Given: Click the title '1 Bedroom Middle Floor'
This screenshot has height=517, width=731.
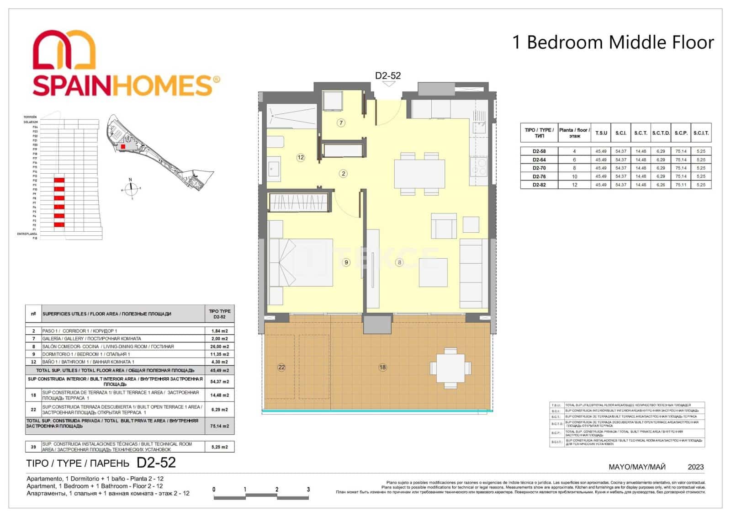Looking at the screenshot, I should (613, 43).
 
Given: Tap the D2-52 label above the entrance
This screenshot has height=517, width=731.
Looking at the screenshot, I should (387, 76).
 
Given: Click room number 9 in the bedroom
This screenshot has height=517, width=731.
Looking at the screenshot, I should (346, 262).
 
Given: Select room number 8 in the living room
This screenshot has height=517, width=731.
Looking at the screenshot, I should (399, 262).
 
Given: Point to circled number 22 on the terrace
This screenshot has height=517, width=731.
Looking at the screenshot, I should (281, 367).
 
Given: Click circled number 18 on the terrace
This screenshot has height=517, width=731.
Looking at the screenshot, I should (382, 367).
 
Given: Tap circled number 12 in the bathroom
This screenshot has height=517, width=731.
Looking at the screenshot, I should (300, 157).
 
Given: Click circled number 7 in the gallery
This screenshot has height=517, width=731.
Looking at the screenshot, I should (341, 123).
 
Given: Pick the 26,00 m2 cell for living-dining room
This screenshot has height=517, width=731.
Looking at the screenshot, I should (220, 346).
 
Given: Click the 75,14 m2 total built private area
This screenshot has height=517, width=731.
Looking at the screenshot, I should (220, 426).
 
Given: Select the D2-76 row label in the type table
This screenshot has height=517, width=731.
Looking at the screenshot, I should (539, 176).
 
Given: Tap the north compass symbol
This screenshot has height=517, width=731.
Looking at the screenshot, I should (131, 187).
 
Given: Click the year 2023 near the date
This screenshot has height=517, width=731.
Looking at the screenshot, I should (695, 467).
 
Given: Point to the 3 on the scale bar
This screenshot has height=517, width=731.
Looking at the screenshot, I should (308, 490).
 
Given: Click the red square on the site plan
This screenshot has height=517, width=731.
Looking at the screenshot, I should (122, 147).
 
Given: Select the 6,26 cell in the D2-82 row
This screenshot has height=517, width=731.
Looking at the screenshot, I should (661, 185).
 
